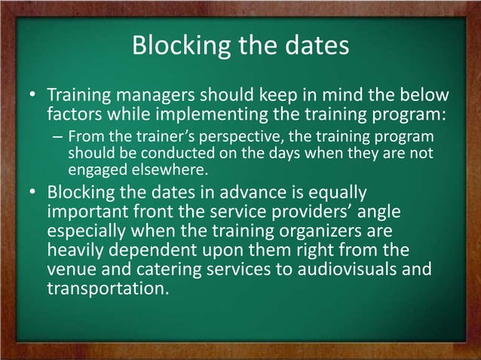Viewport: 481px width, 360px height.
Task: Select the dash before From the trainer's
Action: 58,138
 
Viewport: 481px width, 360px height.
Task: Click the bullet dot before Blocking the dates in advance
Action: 32,192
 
